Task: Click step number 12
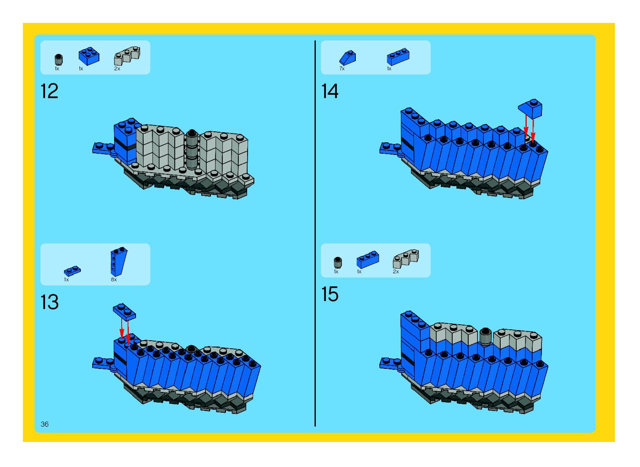pos(49,91)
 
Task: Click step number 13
pos(49,302)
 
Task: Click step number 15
pos(330,294)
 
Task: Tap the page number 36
pos(45,424)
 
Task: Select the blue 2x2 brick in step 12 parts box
pos(89,56)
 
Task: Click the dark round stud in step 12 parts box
pos(59,59)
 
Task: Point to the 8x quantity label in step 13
pos(114,280)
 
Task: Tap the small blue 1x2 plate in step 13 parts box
pos(72,271)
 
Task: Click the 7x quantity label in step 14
pos(342,69)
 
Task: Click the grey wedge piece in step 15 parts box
pos(406,258)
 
